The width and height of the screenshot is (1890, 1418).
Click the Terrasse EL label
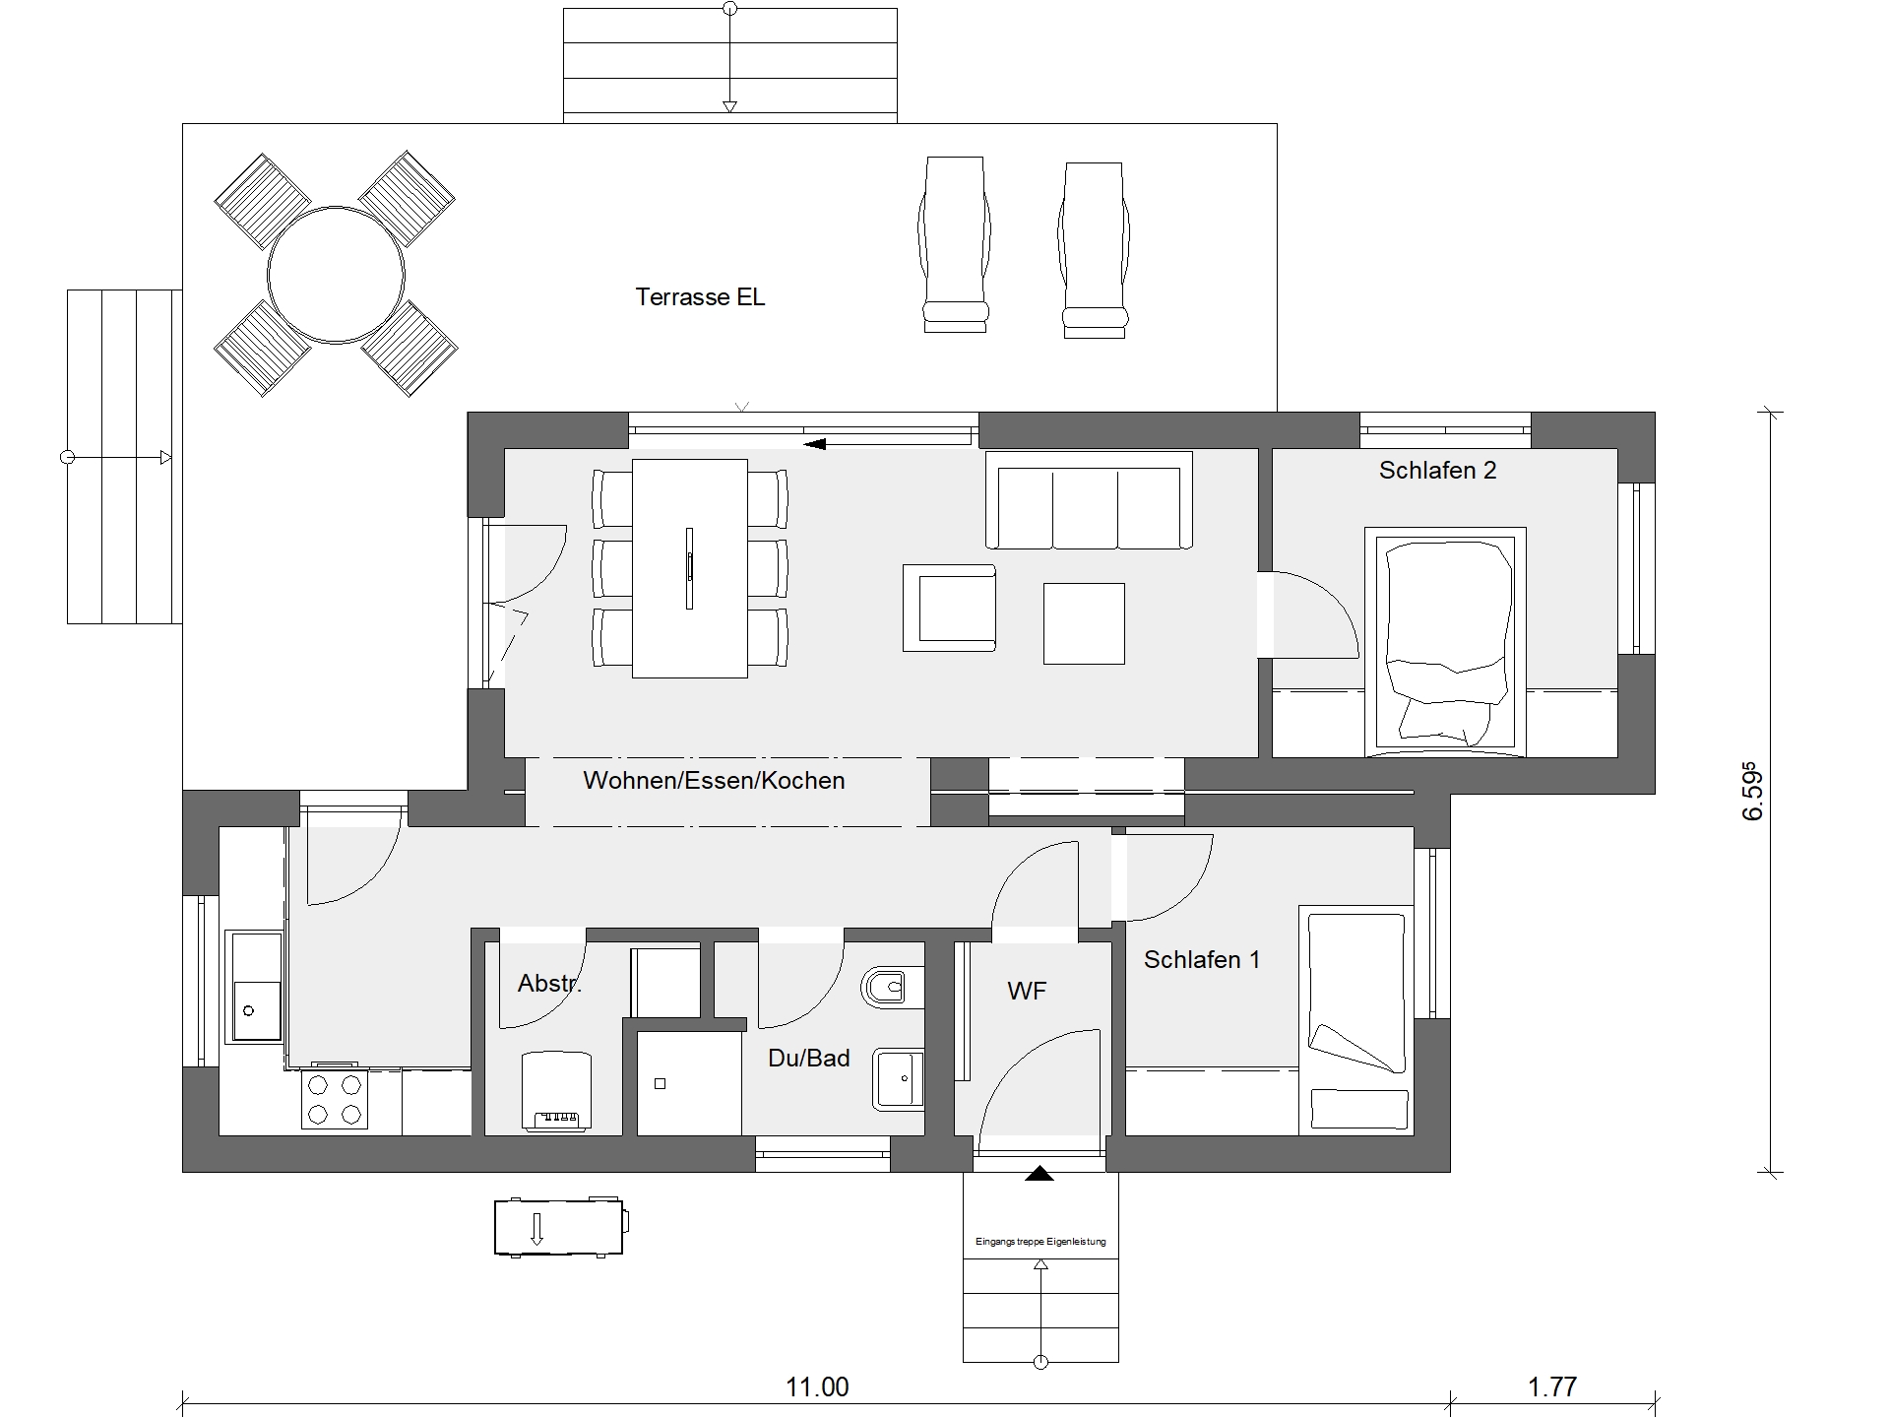click(x=700, y=296)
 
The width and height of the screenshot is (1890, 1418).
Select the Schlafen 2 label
click(x=1437, y=471)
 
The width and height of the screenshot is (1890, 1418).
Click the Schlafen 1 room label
click(x=1201, y=959)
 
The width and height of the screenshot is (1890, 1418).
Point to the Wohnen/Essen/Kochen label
click(x=714, y=781)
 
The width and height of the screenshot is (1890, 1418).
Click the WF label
click(x=1027, y=992)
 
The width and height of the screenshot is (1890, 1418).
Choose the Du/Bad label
click(x=808, y=1059)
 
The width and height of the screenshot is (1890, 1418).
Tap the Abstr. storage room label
click(x=549, y=983)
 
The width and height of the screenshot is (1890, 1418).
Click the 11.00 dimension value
click(x=817, y=1387)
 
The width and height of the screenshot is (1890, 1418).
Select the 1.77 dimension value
click(x=1552, y=1387)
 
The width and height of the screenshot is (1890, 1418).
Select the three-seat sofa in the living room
click(x=1089, y=500)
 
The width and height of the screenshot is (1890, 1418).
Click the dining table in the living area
click(x=689, y=568)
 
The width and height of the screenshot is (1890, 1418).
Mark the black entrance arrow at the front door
click(x=1039, y=1173)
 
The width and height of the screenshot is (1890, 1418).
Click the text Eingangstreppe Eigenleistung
click(x=1040, y=1242)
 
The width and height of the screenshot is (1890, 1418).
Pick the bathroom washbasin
click(x=898, y=1079)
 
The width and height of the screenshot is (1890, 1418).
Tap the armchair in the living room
click(x=949, y=608)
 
